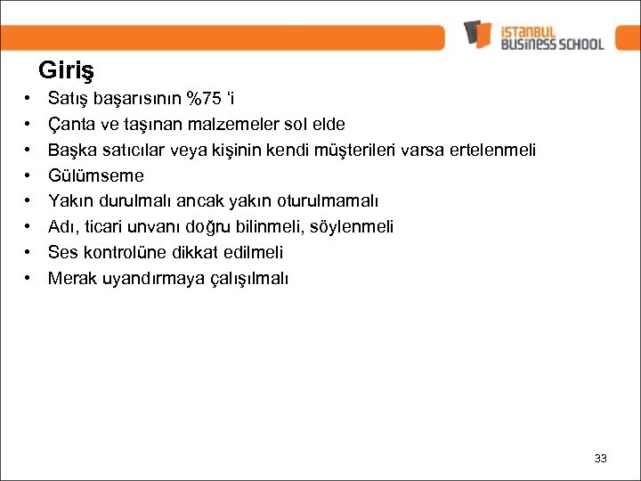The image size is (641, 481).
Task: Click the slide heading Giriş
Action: click(67, 69)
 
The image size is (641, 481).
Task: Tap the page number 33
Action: click(600, 458)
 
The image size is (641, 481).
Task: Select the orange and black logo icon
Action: click(477, 34)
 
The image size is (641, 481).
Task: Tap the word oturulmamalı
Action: click(333, 201)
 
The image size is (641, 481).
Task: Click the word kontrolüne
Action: click(123, 253)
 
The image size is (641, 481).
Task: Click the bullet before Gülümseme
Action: click(28, 175)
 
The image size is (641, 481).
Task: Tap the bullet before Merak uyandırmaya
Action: click(28, 279)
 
